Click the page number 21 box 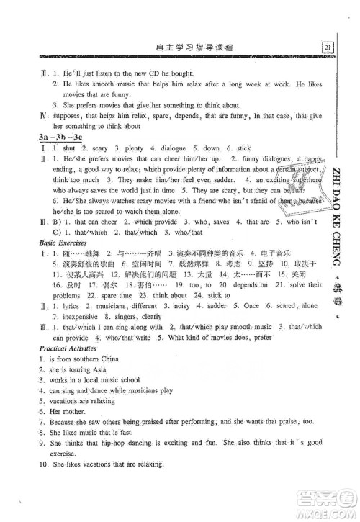click(328, 48)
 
